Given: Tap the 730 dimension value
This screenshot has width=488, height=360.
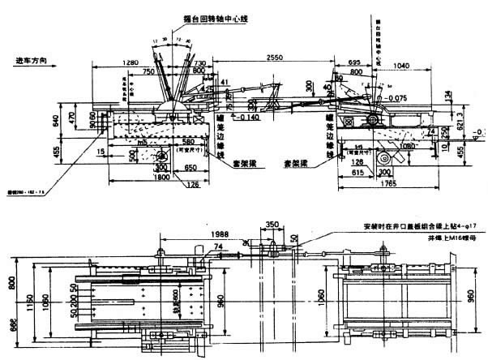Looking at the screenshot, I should [x=199, y=62].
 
